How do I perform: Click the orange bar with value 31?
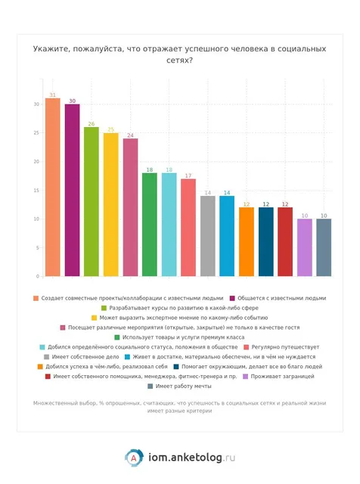[53, 187]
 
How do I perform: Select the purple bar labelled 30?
[73, 190]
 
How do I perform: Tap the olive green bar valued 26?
[92, 202]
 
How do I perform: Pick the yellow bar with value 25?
[111, 204]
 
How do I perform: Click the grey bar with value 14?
[208, 236]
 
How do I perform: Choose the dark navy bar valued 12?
[265, 242]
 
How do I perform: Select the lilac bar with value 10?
[305, 247]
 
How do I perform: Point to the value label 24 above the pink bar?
[130, 135]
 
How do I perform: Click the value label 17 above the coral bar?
[188, 175]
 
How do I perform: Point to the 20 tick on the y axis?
[36, 161]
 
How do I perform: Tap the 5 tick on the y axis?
[38, 247]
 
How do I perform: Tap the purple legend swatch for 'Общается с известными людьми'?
[232, 298]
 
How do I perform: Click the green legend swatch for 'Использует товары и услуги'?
[117, 337]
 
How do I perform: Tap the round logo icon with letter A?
[134, 458]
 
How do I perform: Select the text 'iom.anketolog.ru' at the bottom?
[192, 458]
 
